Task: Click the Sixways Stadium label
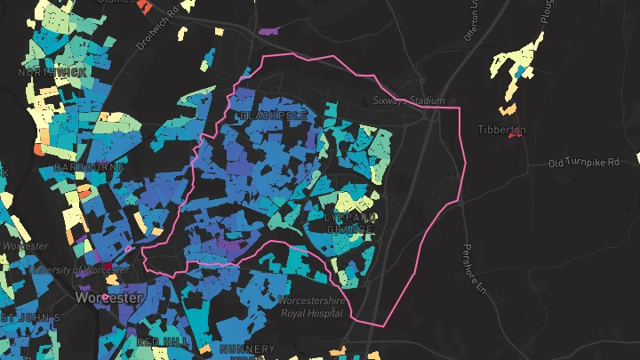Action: click(x=408, y=101)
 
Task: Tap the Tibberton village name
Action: click(x=504, y=130)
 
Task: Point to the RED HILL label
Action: click(x=161, y=341)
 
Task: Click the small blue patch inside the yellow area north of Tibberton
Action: click(x=519, y=70)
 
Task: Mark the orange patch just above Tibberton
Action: click(x=508, y=110)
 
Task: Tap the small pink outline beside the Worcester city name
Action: click(x=105, y=297)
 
